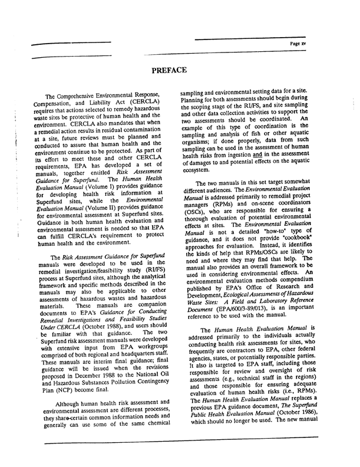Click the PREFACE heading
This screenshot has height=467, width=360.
coord(169,71)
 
